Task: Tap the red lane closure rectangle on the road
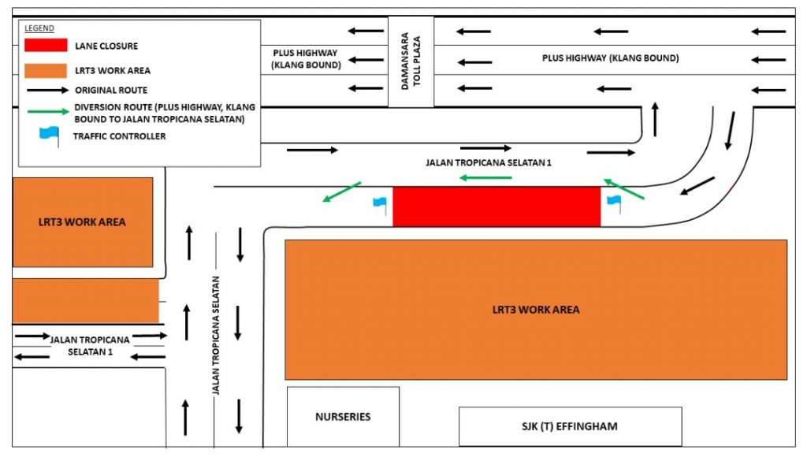click(496, 207)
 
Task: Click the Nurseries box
click(343, 416)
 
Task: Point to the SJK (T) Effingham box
click(571, 426)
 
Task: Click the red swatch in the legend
click(46, 45)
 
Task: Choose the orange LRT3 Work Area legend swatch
click(46, 70)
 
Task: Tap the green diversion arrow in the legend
click(48, 111)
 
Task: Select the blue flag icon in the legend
click(50, 136)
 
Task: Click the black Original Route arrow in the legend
click(47, 90)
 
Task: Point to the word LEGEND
click(39, 28)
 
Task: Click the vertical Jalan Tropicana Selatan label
click(216, 335)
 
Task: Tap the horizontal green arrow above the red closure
click(485, 178)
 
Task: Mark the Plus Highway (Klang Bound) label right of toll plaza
click(611, 58)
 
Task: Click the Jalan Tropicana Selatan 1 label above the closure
click(489, 162)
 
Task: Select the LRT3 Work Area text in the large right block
click(536, 309)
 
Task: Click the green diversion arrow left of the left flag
click(342, 192)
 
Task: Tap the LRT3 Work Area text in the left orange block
click(82, 221)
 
